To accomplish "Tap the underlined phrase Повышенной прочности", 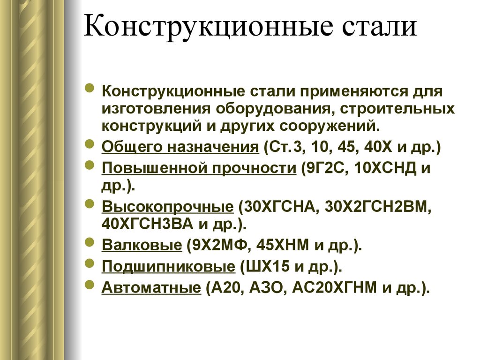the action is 199,168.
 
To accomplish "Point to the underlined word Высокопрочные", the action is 167,207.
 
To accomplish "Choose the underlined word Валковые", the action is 142,245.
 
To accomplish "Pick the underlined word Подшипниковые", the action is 168,267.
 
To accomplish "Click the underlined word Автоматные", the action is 151,287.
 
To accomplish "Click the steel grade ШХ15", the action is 265,267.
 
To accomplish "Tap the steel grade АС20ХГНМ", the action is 335,287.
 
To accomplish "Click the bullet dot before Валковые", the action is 90,242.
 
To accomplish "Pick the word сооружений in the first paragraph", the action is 329,126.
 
